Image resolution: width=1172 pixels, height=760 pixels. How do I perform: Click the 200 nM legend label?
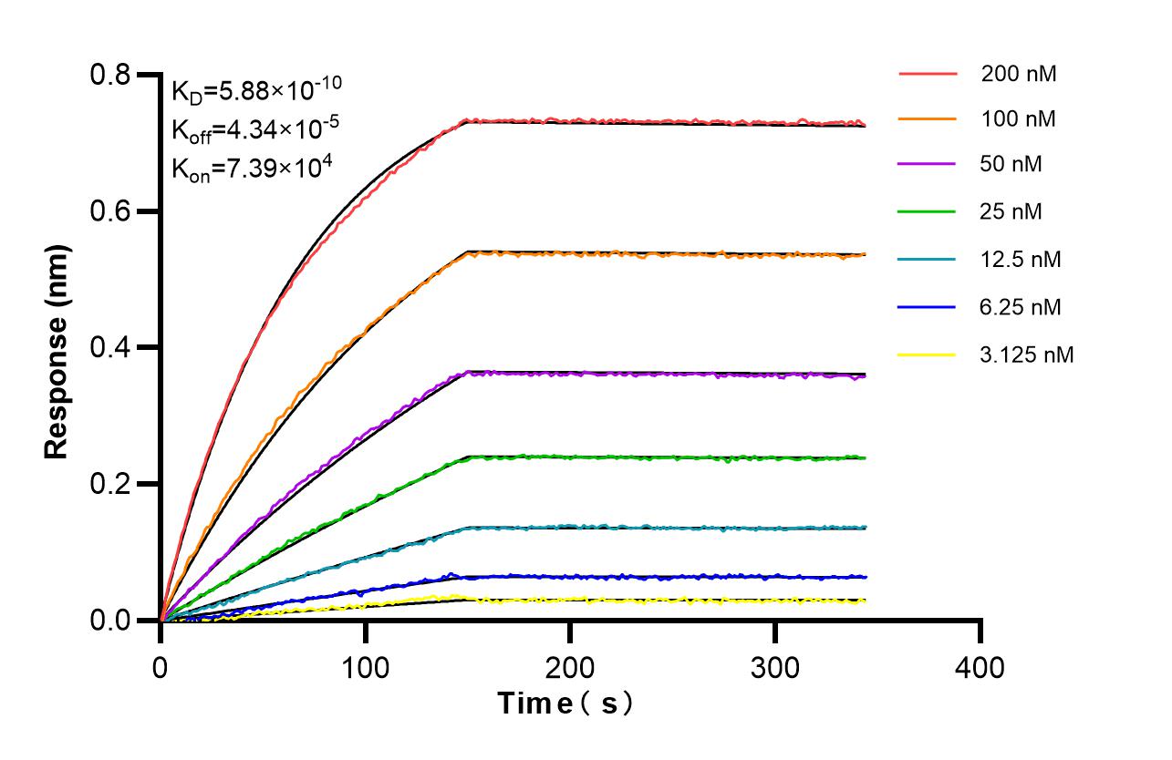[1019, 74]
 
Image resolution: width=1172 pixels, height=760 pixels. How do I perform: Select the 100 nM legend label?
[1019, 119]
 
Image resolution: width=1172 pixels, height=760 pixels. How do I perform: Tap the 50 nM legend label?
[1011, 165]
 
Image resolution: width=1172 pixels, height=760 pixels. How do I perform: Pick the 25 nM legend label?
[1011, 212]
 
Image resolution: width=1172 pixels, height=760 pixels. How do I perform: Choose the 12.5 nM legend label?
[1022, 260]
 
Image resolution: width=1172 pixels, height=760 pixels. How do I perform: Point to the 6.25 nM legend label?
[1022, 307]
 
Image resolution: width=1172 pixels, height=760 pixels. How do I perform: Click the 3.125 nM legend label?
[1027, 354]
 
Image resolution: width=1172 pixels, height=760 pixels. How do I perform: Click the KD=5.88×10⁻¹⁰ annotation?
[256, 90]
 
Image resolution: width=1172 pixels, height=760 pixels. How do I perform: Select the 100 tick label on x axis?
[366, 667]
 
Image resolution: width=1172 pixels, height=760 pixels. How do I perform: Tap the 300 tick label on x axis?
[775, 667]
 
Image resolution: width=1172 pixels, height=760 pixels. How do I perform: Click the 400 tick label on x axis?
[980, 667]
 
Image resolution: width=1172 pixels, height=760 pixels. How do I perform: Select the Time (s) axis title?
[565, 704]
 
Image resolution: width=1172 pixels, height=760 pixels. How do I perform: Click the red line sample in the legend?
[928, 74]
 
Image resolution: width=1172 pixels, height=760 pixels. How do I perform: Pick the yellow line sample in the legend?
[928, 354]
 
